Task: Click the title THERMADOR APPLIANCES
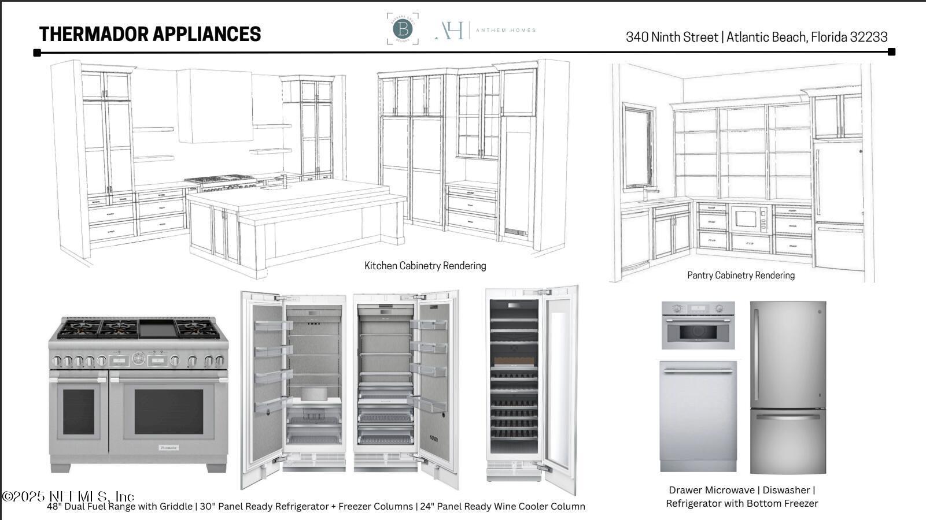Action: click(150, 34)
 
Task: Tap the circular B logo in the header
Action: click(403, 29)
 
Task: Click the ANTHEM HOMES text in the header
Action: click(506, 30)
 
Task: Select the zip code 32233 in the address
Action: click(869, 37)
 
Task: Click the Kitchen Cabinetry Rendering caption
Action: click(425, 266)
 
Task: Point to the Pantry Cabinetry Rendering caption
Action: click(740, 276)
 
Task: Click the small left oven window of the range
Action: click(78, 411)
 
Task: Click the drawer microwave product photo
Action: click(698, 325)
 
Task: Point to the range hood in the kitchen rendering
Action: click(215, 106)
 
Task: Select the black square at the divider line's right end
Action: click(891, 52)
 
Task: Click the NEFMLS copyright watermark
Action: click(68, 496)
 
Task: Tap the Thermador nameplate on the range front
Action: click(169, 447)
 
